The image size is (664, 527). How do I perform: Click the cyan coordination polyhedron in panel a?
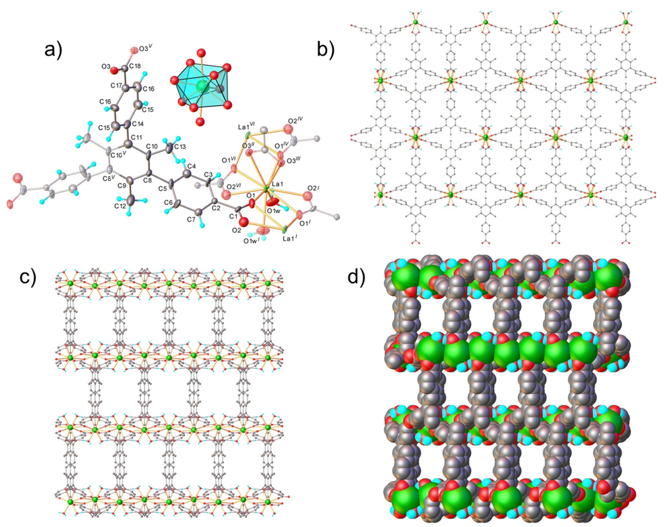click(201, 87)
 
